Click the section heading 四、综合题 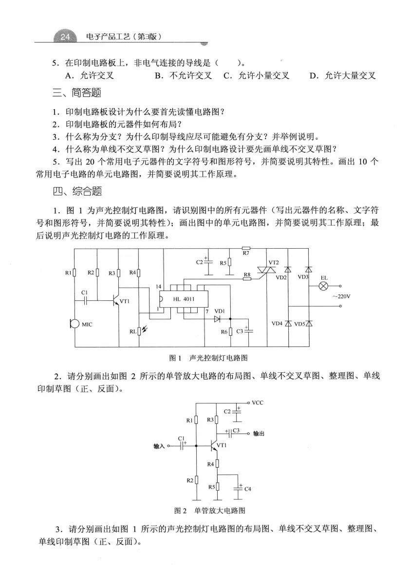click(76, 191)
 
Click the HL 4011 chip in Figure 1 click(184, 299)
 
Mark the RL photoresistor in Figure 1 click(139, 331)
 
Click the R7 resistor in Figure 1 click(245, 248)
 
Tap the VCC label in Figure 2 click(258, 403)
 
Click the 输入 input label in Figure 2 click(159, 446)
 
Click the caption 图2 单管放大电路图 click(209, 511)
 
